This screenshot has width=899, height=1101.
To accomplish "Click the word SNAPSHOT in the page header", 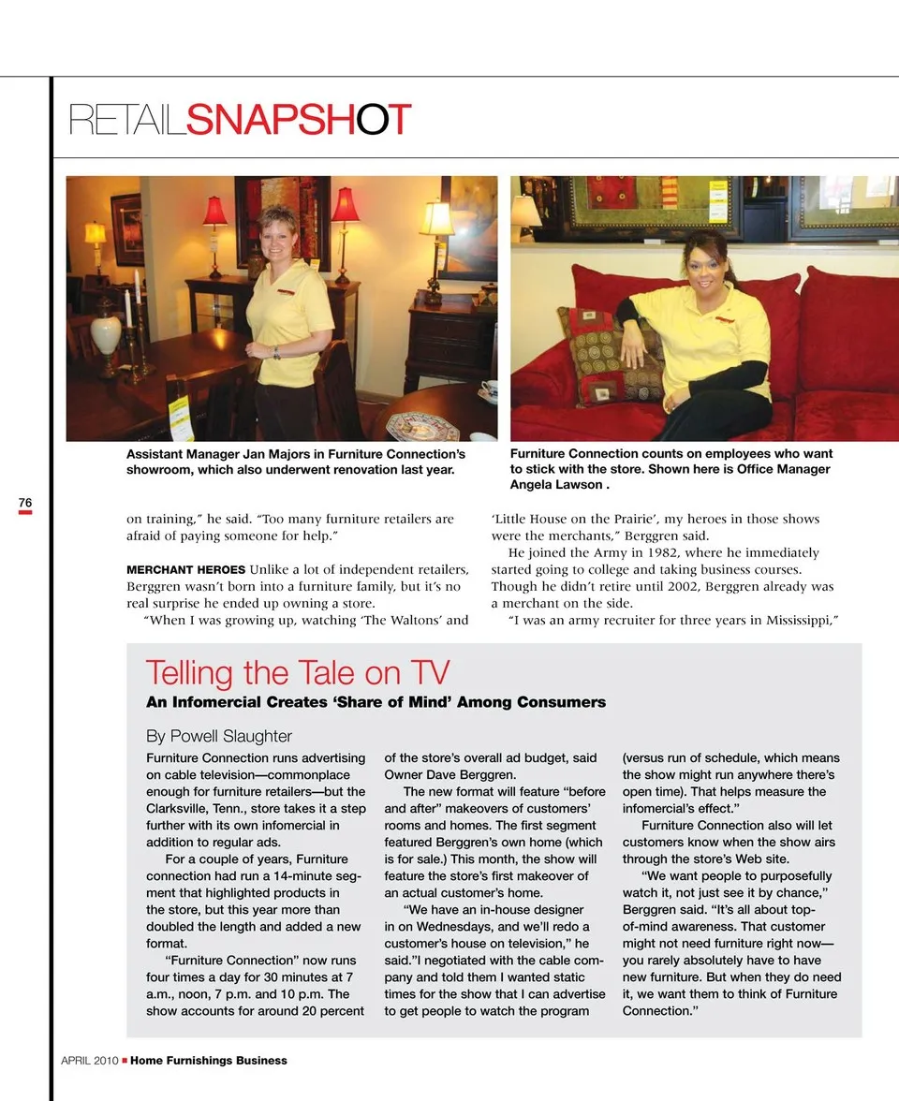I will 299,120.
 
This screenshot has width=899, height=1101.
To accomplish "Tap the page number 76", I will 25,503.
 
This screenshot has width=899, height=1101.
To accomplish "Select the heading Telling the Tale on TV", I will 298,673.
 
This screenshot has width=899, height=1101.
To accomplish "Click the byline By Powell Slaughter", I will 218,736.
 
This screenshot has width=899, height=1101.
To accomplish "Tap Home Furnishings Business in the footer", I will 209,1061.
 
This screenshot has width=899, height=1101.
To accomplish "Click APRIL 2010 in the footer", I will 89,1061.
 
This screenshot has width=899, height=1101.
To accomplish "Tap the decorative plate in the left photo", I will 422,426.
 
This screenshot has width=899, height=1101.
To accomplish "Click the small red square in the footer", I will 125,1062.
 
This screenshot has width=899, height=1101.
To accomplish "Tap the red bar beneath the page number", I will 25,513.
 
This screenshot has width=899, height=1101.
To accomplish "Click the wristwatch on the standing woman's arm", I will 276,353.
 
